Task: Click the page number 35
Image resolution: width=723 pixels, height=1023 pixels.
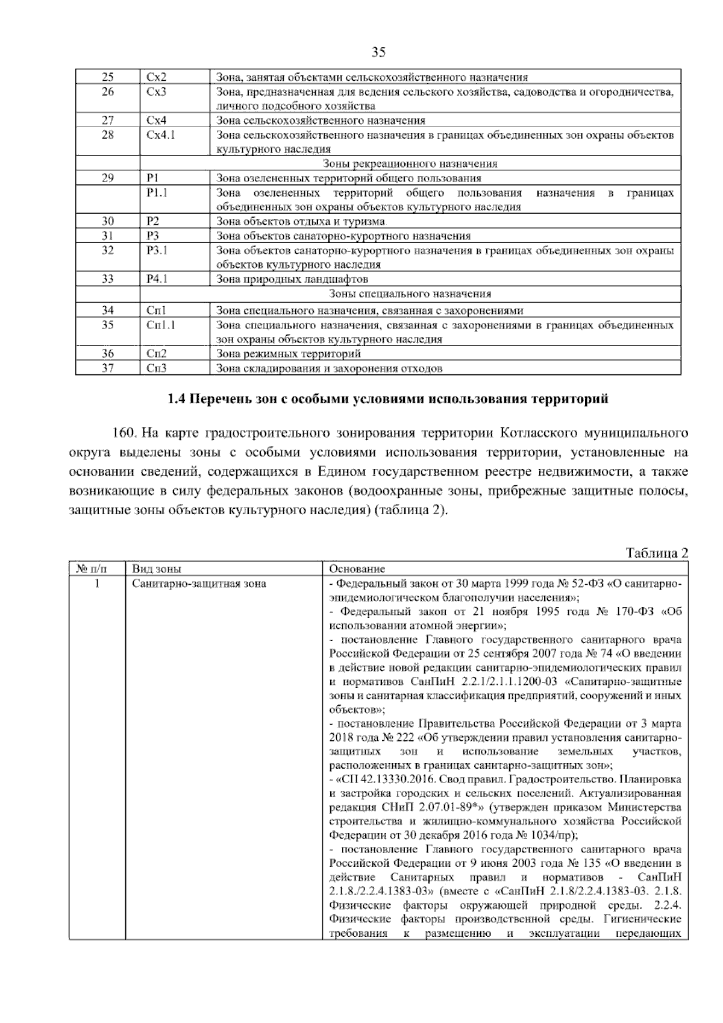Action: [x=378, y=52]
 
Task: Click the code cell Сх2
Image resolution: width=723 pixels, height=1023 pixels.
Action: [x=157, y=77]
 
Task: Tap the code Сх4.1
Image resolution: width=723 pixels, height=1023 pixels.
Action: [x=161, y=135]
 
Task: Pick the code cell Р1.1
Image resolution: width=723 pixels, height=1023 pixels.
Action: [x=157, y=193]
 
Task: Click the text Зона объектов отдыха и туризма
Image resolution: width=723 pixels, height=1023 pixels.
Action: [x=300, y=221]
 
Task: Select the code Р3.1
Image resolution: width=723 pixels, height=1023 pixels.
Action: [x=157, y=250]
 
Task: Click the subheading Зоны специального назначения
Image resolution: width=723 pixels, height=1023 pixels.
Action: [x=410, y=294]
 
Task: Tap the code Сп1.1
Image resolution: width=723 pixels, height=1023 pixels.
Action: [x=161, y=326]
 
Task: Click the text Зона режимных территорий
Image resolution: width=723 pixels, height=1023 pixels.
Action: [x=288, y=354]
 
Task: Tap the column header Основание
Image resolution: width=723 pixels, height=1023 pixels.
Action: [x=357, y=569]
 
